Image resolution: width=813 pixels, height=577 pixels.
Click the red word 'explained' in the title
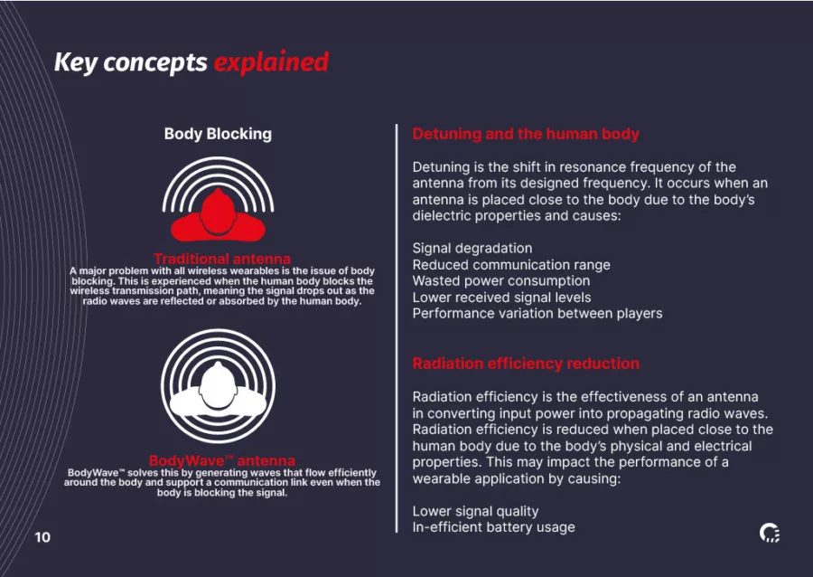pyautogui.click(x=271, y=62)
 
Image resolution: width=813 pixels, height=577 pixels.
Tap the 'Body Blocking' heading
pyautogui.click(x=218, y=134)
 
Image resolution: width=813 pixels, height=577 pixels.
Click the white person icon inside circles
pyautogui.click(x=219, y=386)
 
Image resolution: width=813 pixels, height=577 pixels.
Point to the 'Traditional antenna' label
pyautogui.click(x=222, y=259)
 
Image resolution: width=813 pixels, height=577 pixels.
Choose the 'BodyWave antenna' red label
pyautogui.click(x=222, y=460)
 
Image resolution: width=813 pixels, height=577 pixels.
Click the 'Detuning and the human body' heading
pyautogui.click(x=526, y=134)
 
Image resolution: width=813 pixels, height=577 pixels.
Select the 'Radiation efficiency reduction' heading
pyautogui.click(x=526, y=364)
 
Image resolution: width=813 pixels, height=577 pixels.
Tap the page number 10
pyautogui.click(x=42, y=537)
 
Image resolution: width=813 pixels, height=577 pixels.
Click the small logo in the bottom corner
pyautogui.click(x=770, y=533)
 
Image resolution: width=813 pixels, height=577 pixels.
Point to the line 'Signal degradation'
pyautogui.click(x=472, y=248)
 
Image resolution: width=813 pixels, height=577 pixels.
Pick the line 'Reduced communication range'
pyautogui.click(x=511, y=265)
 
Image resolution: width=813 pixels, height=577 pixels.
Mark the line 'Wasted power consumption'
pyautogui.click(x=501, y=280)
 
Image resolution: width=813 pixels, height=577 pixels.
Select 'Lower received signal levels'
pyautogui.click(x=502, y=298)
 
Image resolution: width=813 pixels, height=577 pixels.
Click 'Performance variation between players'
pyautogui.click(x=537, y=314)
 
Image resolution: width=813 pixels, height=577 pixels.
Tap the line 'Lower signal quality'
pyautogui.click(x=475, y=511)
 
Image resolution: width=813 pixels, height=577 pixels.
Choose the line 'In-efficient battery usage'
pyautogui.click(x=493, y=527)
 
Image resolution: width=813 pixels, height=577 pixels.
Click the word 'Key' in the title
pyautogui.click(x=76, y=63)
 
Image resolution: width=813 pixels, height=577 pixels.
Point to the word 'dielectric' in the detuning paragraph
pyautogui.click(x=442, y=215)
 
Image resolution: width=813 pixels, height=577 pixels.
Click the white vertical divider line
pyautogui.click(x=397, y=328)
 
